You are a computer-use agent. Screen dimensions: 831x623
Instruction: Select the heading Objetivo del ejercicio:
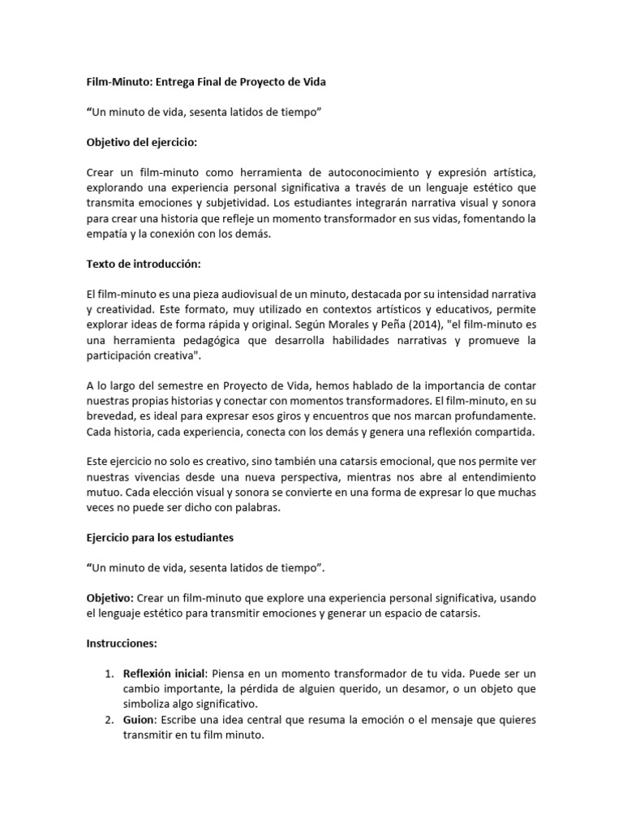click(x=142, y=142)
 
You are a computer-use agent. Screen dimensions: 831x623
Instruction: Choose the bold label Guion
click(x=139, y=719)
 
